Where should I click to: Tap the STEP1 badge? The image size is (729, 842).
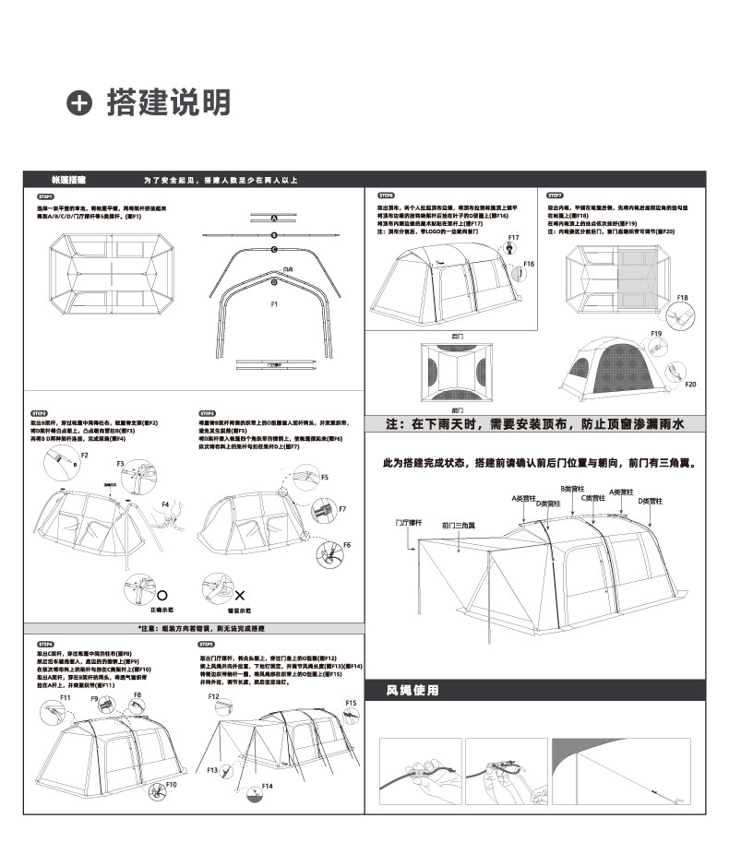coord(46,196)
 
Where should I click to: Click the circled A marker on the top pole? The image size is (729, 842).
coord(274,219)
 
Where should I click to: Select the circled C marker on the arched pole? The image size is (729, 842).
coord(274,250)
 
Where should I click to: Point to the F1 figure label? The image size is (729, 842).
coord(274,304)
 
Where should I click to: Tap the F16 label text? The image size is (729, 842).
coord(529,264)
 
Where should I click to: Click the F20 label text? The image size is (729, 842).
coord(690,384)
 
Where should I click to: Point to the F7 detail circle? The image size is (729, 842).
coord(322,510)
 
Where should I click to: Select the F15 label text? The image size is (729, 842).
coord(351,703)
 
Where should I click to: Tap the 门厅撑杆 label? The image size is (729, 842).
coord(408,522)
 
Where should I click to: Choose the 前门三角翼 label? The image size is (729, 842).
coord(458,525)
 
